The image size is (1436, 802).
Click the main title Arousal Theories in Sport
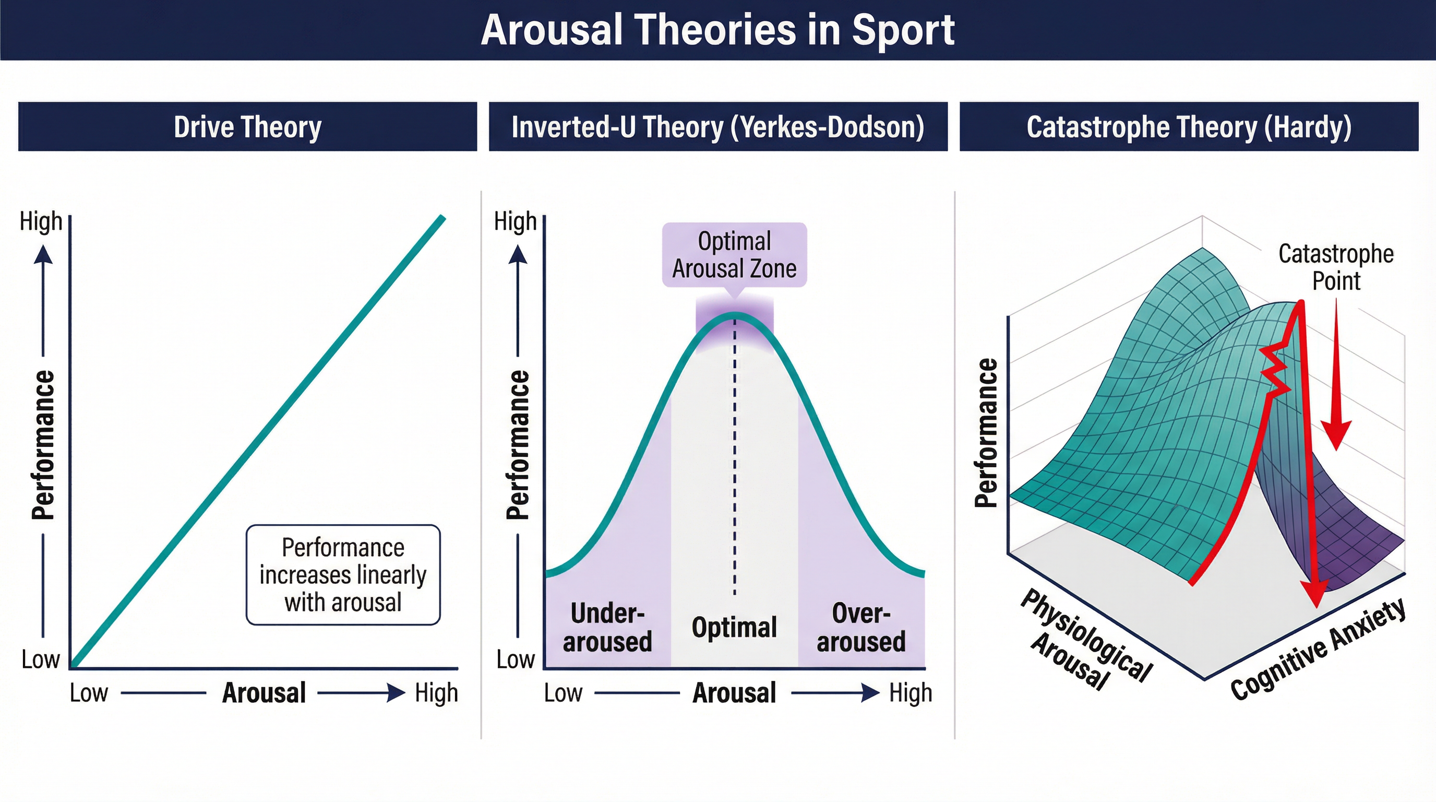pos(717,30)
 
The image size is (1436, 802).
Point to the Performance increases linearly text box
pos(343,574)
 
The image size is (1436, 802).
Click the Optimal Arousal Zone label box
pos(734,255)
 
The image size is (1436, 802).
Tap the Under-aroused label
pos(607,628)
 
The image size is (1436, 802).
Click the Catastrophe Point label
pos(1336,267)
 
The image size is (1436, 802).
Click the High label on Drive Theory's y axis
pos(41,221)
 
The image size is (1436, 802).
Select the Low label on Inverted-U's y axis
pos(515,660)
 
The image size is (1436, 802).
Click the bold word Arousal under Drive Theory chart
pos(264,693)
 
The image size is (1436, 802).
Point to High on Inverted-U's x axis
pos(911,693)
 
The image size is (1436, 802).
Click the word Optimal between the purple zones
pos(734,628)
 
